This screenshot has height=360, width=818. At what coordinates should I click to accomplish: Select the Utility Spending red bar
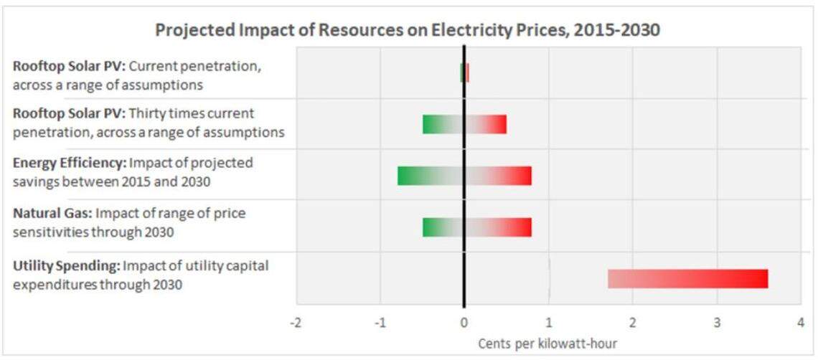687,279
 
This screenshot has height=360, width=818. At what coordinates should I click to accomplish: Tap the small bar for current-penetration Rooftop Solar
464,72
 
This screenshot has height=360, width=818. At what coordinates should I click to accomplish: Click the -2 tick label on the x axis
296,323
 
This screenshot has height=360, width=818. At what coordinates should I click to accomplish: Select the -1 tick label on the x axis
380,323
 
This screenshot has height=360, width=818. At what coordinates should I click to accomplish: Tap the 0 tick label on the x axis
464,323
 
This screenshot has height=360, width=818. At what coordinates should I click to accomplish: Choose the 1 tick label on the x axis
548,323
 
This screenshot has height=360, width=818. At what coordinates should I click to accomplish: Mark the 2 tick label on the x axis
632,323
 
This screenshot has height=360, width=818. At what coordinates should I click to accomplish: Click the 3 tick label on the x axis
716,323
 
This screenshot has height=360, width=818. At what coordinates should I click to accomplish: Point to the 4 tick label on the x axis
800,323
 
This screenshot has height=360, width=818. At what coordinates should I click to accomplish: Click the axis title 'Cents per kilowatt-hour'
547,344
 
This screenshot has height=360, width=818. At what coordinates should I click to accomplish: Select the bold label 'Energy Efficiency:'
70,163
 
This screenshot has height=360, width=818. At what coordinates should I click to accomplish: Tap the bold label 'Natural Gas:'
52,214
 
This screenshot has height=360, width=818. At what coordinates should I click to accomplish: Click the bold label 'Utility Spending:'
66,266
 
